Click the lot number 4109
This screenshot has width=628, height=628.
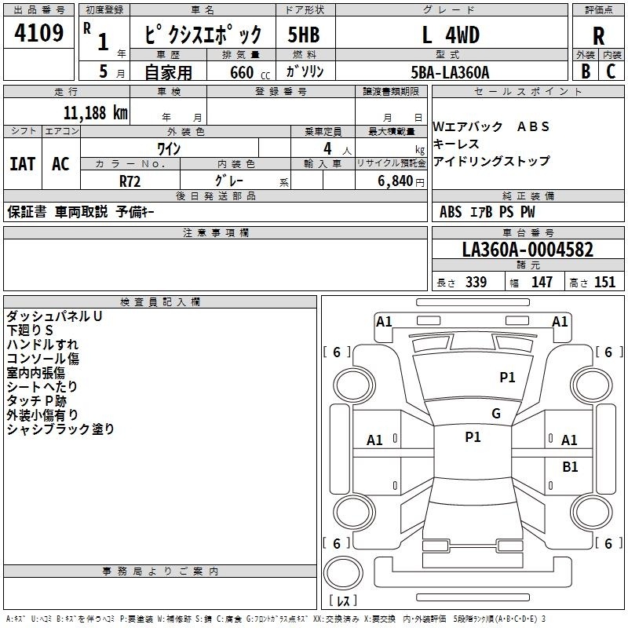click(x=38, y=33)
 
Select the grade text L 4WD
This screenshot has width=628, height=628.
click(x=451, y=35)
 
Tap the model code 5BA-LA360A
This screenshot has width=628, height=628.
click(x=450, y=72)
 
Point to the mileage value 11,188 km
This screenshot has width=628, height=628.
click(x=95, y=113)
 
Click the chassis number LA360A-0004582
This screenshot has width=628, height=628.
click(x=528, y=250)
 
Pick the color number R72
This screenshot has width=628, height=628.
click(x=130, y=181)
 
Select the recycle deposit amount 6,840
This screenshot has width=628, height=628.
click(x=395, y=181)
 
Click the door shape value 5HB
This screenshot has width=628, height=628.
click(x=304, y=35)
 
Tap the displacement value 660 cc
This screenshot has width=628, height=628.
click(x=250, y=73)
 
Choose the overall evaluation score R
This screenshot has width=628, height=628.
click(x=598, y=36)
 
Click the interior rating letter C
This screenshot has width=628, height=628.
click(x=611, y=71)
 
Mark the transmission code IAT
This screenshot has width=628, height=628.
click(x=23, y=164)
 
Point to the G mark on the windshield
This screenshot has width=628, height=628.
click(x=496, y=413)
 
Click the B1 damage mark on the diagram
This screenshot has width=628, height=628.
click(x=570, y=466)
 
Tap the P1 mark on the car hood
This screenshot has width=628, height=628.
click(x=507, y=377)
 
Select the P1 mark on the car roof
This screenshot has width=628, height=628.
click(x=473, y=437)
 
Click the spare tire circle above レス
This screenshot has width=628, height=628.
click(x=343, y=573)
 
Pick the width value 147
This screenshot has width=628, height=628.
click(x=542, y=282)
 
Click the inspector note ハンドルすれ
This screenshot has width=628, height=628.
click(x=42, y=345)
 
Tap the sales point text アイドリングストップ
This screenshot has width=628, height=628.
click(x=491, y=161)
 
